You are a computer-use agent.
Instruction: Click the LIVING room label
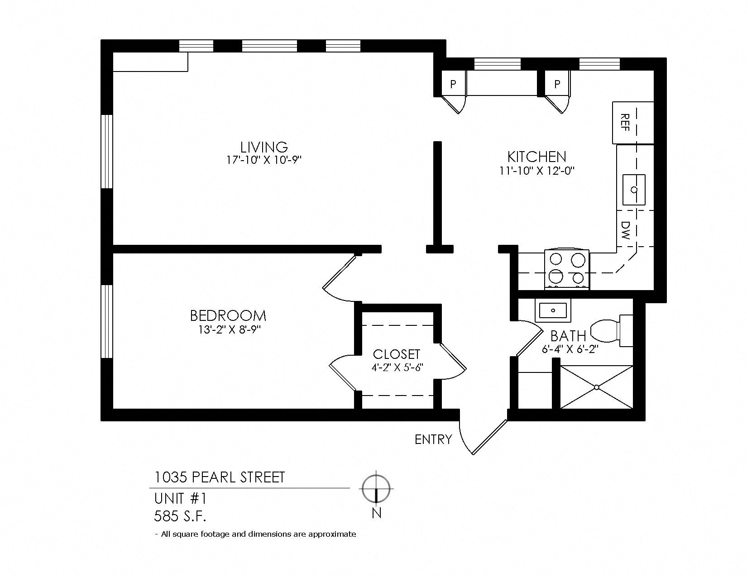[264, 147]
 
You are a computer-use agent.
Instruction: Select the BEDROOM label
[228, 315]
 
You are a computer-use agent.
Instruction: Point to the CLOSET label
[397, 354]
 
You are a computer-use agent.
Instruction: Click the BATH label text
[568, 336]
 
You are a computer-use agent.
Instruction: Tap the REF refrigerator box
[632, 123]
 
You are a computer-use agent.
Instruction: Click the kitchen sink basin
[634, 189]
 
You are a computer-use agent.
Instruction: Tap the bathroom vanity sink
[553, 310]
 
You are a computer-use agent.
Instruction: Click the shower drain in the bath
[596, 387]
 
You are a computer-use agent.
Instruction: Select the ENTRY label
[433, 439]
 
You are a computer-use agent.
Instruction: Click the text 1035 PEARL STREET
[220, 477]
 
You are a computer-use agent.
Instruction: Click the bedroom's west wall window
[107, 321]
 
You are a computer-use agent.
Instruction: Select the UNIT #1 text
[180, 499]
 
